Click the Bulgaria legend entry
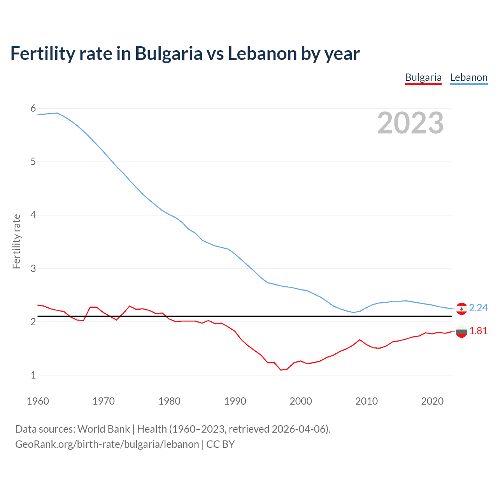coord(423,77)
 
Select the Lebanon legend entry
coord(468,77)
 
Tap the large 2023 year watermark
coord(410,123)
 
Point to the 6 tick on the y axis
coord(33,109)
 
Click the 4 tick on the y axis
coord(33,215)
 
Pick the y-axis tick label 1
coord(33,375)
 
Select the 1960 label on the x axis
coord(38,401)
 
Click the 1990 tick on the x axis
coord(235,401)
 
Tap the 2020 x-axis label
coord(432,401)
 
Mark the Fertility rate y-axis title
coord(16,241)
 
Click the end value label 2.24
coord(478,308)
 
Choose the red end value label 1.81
coord(478,331)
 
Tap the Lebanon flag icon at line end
coord(461,309)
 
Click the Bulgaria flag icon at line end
coord(461,331)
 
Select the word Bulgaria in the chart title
coord(168,54)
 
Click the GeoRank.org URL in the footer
coord(107,444)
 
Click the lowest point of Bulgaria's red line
coord(281,370)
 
